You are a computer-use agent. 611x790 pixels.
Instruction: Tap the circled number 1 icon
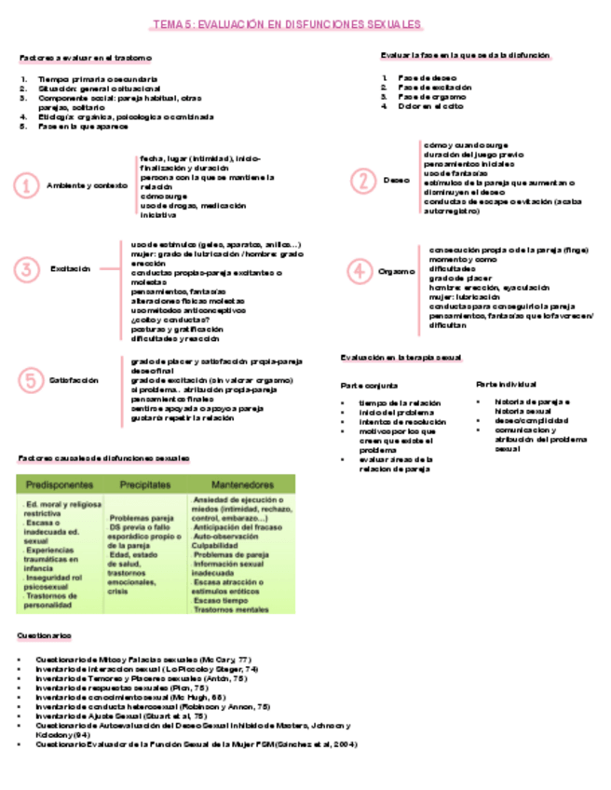28,185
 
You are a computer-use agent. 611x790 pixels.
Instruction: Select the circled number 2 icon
360,180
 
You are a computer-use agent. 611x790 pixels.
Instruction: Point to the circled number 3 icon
28,269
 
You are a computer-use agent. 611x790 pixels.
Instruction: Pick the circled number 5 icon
28,379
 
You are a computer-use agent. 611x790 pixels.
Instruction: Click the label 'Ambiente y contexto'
87,185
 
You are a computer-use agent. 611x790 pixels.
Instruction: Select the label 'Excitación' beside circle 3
71,269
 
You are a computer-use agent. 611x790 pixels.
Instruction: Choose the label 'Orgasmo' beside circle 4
397,270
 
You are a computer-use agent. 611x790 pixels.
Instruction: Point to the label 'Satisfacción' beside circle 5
74,379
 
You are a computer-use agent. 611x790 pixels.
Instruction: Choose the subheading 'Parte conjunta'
369,384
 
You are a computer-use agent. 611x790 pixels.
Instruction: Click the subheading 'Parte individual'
506,383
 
